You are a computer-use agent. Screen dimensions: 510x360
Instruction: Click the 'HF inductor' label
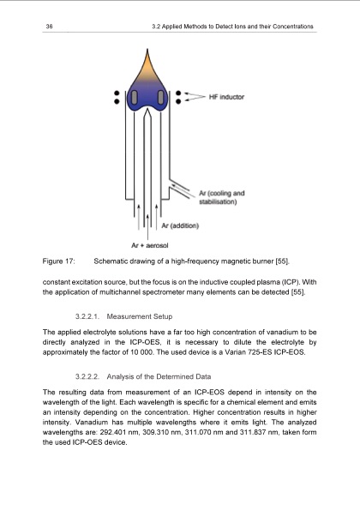pyautogui.click(x=226, y=97)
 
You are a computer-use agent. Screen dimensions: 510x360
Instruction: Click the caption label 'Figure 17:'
pyautogui.click(x=60, y=259)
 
